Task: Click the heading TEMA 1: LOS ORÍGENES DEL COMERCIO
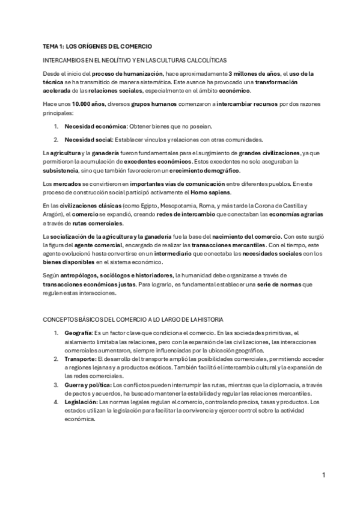[97, 46]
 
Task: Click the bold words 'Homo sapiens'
[222, 191]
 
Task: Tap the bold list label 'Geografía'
[78, 333]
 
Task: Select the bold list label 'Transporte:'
[81, 358]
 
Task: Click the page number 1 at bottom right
[323, 475]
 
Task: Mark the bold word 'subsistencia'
[61, 170]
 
